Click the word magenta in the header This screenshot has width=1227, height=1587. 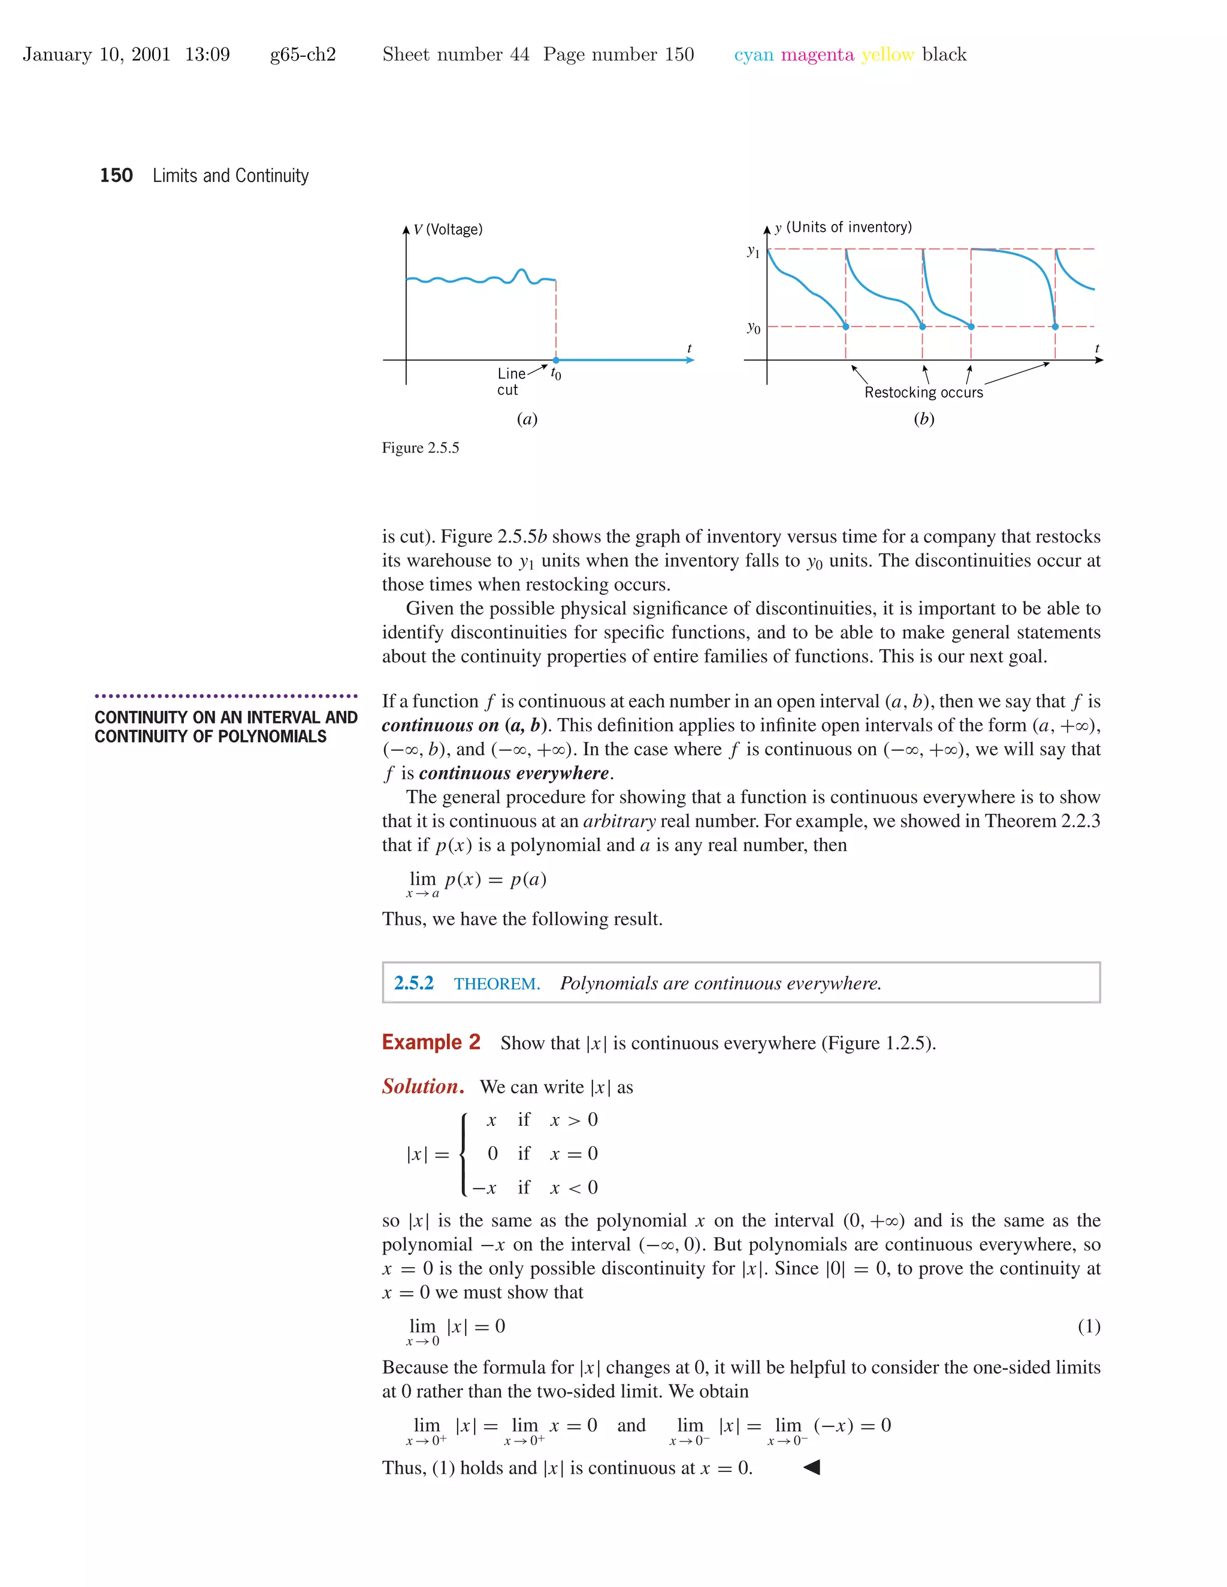pyautogui.click(x=817, y=54)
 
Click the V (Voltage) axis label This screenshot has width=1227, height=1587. pyautogui.click(x=448, y=229)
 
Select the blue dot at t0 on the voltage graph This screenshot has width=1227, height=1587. pyautogui.click(x=556, y=360)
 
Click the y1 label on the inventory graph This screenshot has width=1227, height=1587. pyautogui.click(x=753, y=252)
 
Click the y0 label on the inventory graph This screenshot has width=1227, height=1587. pyautogui.click(x=753, y=328)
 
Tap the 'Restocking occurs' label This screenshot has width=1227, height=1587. pyautogui.click(x=923, y=392)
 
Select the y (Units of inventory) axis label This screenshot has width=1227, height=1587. pyautogui.click(x=843, y=228)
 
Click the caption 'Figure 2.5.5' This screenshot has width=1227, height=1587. pyautogui.click(x=420, y=447)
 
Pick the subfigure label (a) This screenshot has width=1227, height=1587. pyautogui.click(x=527, y=419)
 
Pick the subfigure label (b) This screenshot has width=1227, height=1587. pyautogui.click(x=924, y=419)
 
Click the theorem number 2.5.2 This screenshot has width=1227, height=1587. pyautogui.click(x=413, y=983)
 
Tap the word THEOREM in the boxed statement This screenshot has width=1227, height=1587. pyautogui.click(x=497, y=984)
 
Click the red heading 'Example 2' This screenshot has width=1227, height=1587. pyautogui.click(x=431, y=1042)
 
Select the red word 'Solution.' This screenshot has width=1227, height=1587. pyautogui.click(x=423, y=1086)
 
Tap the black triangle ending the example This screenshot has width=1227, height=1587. pyautogui.click(x=812, y=1467)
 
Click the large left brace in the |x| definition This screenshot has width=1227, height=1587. pyautogui.click(x=464, y=1154)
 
